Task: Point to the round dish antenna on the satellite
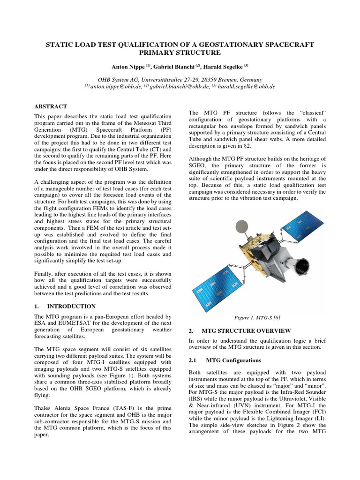coord(242,228)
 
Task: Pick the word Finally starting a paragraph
coord(45,273)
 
